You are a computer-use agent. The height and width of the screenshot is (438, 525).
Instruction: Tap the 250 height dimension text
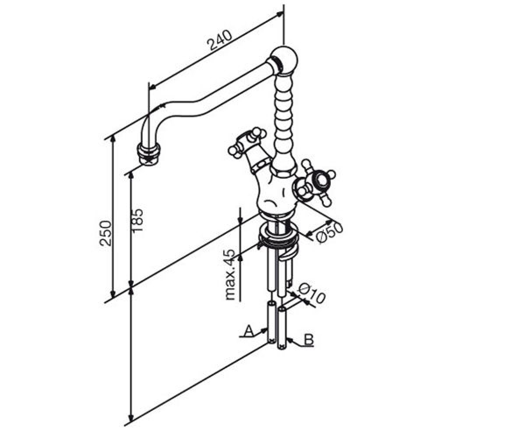click(105, 233)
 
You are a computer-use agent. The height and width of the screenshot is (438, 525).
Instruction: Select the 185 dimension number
click(137, 220)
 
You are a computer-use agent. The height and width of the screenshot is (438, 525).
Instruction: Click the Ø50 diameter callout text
click(329, 233)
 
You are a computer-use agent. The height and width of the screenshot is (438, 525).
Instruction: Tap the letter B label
click(309, 339)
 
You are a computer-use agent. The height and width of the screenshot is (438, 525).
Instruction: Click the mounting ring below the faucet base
click(279, 235)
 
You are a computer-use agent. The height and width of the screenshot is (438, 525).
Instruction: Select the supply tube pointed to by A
click(271, 322)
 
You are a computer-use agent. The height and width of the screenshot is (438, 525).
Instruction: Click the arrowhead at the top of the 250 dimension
click(113, 138)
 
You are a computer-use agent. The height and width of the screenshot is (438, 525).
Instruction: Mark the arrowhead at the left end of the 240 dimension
click(152, 87)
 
